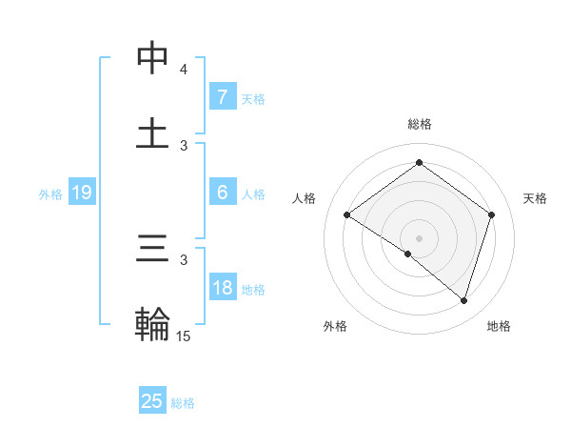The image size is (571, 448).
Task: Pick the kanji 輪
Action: pyautogui.click(x=153, y=324)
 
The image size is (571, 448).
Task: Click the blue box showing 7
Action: pyautogui.click(x=222, y=97)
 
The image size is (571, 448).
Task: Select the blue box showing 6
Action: pyautogui.click(x=222, y=193)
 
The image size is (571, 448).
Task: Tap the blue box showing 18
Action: pyautogui.click(x=222, y=288)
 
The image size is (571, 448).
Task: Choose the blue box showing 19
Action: pyautogui.click(x=82, y=193)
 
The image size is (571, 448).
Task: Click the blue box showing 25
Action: pyautogui.click(x=152, y=401)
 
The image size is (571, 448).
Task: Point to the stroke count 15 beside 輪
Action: pyautogui.click(x=184, y=336)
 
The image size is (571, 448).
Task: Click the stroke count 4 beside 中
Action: pyautogui.click(x=184, y=70)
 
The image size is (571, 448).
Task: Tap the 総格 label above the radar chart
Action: pyautogui.click(x=420, y=124)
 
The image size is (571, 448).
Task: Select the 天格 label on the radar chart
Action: pyautogui.click(x=536, y=198)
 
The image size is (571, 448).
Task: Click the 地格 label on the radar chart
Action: pyautogui.click(x=499, y=326)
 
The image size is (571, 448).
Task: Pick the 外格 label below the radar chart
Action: pyautogui.click(x=335, y=326)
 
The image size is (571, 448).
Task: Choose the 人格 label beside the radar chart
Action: pyautogui.click(x=305, y=198)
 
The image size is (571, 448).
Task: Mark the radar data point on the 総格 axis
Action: pyautogui.click(x=419, y=162)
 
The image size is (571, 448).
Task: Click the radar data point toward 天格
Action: pyautogui.click(x=492, y=214)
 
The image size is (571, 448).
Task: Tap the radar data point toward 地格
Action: pyautogui.click(x=464, y=300)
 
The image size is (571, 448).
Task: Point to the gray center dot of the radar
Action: pyautogui.click(x=419, y=237)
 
